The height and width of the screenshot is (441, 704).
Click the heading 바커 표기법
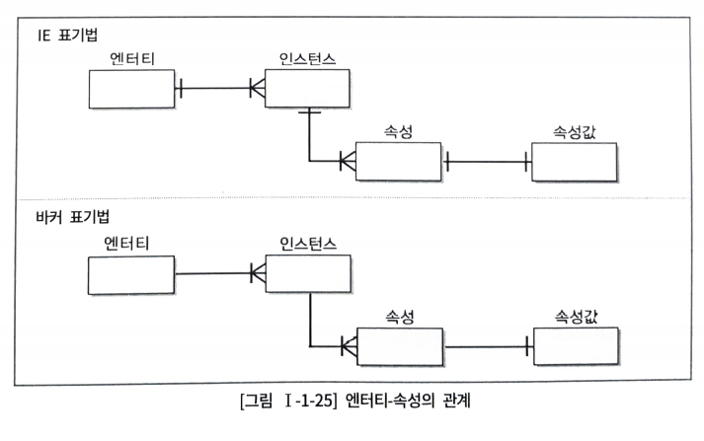[x=72, y=213]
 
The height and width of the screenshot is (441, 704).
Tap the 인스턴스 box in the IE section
[x=306, y=89]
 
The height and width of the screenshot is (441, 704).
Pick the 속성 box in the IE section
[x=399, y=162]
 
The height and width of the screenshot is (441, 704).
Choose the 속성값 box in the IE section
[x=574, y=162]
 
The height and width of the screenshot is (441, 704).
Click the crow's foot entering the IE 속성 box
[x=347, y=161]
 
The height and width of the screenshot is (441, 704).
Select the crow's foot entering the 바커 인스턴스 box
[x=256, y=271]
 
